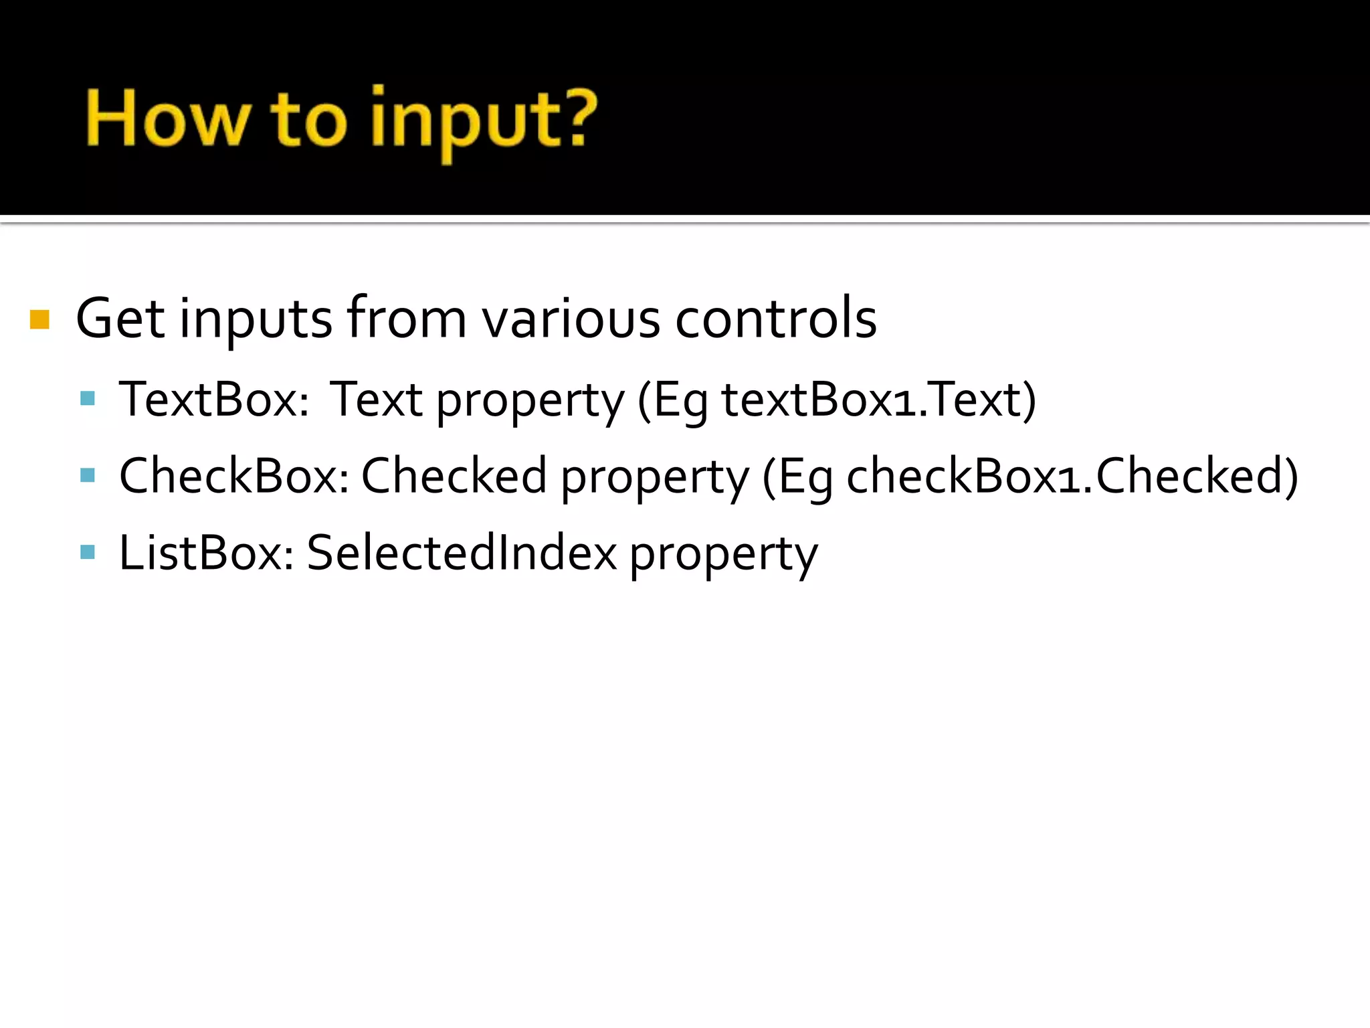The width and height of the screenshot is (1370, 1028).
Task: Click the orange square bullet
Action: [40, 319]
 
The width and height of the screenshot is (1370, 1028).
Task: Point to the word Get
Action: [120, 319]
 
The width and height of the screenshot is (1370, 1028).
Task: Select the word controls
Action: [776, 319]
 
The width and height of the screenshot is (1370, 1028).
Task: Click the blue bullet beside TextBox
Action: [88, 399]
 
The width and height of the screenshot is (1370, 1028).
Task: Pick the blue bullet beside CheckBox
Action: [88, 475]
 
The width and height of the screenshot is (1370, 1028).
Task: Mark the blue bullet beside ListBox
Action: [88, 552]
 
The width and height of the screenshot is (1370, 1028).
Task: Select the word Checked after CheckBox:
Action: [454, 476]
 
